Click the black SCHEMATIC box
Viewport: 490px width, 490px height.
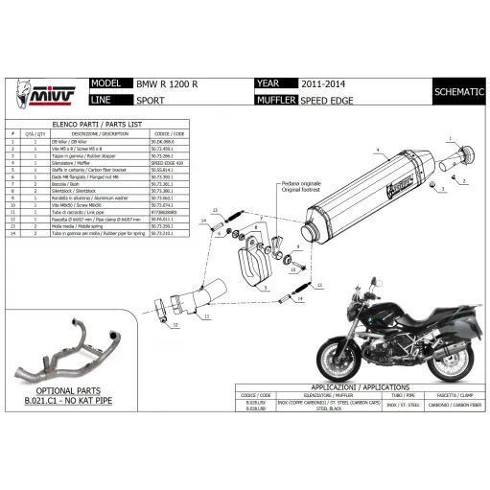point(458,91)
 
